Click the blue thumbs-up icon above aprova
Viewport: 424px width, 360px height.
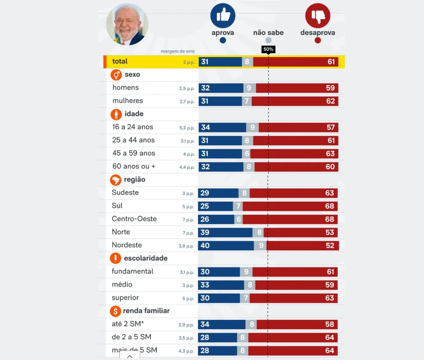[223, 16]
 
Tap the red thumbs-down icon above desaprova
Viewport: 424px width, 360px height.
[318, 16]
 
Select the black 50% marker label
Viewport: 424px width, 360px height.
[268, 49]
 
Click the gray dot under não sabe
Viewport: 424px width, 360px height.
[269, 40]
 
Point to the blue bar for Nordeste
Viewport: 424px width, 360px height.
[226, 246]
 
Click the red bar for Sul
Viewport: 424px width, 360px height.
[290, 206]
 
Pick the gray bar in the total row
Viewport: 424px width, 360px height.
[247, 62]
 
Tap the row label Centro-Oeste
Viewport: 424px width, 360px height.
[134, 219]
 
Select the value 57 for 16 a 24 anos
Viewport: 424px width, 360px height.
[330, 128]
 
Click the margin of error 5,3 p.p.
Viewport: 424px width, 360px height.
[187, 128]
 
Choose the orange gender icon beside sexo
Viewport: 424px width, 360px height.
[116, 75]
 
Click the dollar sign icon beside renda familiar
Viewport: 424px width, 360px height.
[115, 311]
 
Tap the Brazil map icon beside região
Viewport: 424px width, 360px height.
[116, 180]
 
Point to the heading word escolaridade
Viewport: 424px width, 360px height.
[146, 258]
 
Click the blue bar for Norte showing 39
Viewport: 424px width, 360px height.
[225, 232]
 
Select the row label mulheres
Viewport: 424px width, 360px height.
[128, 101]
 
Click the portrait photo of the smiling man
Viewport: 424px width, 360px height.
[127, 24]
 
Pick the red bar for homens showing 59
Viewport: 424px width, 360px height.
[297, 88]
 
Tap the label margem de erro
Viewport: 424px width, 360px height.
[177, 51]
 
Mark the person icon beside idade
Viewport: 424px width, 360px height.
[116, 114]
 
